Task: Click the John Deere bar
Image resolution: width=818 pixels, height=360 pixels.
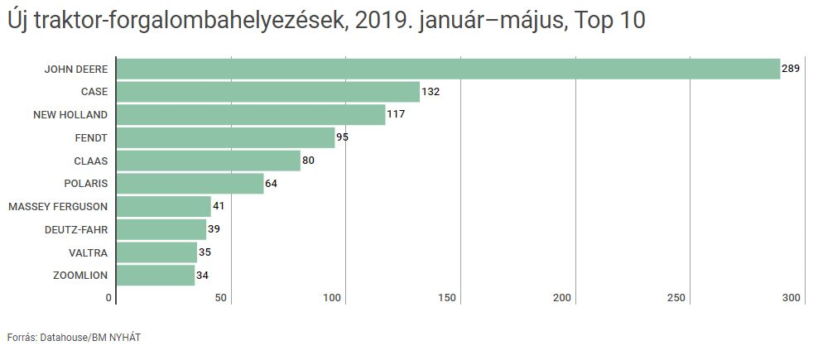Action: (448, 69)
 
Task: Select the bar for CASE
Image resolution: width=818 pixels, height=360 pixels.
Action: (267, 92)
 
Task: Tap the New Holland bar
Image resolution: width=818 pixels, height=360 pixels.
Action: (251, 114)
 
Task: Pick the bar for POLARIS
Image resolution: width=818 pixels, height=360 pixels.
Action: (190, 183)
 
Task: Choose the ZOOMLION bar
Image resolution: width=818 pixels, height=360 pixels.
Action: (156, 275)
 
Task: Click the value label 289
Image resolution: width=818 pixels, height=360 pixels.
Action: (791, 69)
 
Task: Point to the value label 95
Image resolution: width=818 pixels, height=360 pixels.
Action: (342, 137)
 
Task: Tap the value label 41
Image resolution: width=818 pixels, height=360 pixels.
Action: (219, 206)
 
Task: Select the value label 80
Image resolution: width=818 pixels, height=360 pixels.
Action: (308, 161)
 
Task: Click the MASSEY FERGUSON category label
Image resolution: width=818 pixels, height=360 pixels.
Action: (58, 206)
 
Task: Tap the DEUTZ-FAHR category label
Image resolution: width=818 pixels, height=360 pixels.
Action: (76, 229)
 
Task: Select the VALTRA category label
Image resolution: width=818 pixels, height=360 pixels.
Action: (89, 252)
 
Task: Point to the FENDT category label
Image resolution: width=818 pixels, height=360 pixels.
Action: (91, 137)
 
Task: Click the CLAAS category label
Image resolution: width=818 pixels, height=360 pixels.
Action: (90, 161)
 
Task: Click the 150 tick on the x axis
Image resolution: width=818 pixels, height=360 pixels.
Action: (448, 298)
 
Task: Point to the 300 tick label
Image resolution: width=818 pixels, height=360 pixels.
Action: (792, 298)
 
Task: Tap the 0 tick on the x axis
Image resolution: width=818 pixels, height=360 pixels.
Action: (108, 298)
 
